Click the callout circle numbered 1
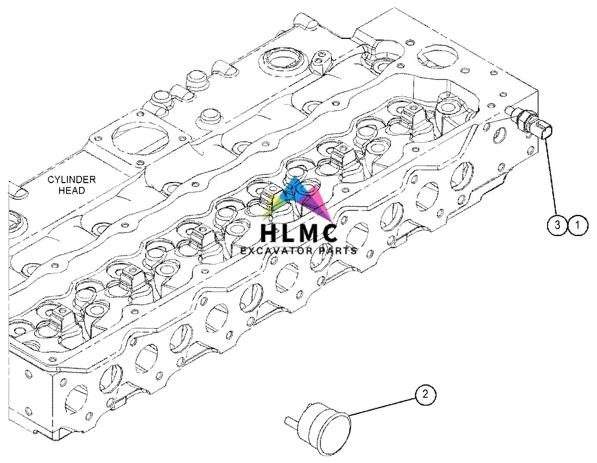click(578, 225)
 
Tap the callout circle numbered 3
click(557, 225)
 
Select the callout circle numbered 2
click(426, 394)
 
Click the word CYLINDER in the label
click(72, 180)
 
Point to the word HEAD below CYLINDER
click(72, 190)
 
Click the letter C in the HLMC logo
click(329, 234)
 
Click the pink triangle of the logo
click(320, 205)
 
